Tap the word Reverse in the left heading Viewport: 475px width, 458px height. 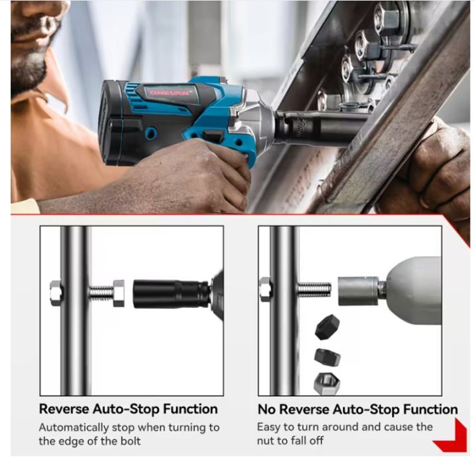coord(64,409)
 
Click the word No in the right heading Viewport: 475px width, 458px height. coord(266,410)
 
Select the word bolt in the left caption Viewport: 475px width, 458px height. coord(131,441)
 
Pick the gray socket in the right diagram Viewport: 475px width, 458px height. coord(358,291)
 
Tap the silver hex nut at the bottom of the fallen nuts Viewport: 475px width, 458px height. coord(327,383)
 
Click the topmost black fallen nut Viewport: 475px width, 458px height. coord(327,327)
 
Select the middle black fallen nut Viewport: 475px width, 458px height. coord(327,357)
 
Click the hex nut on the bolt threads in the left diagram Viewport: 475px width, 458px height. coord(118,293)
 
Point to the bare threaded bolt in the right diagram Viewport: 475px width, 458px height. coord(314,290)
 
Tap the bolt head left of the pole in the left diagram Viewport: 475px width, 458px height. coord(56,293)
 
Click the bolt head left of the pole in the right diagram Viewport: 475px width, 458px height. coord(265,289)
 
